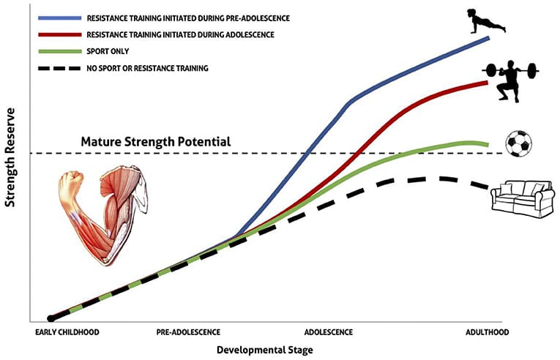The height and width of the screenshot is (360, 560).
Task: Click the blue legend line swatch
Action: (x=63, y=17)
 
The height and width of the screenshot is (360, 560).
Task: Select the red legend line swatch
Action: (x=63, y=34)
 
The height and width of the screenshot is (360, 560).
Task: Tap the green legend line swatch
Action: (x=63, y=51)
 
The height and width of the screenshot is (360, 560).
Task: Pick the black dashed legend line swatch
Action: (x=63, y=68)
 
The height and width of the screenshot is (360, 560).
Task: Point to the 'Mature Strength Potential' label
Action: (x=156, y=141)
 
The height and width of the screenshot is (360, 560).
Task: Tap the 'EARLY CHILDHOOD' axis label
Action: (x=67, y=332)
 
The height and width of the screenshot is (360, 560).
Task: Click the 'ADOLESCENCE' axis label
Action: (x=329, y=332)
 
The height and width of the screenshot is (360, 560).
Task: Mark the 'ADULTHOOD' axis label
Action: (x=487, y=332)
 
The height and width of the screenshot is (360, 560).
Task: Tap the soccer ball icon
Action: (x=519, y=143)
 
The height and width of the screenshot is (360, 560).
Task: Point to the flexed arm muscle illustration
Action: (x=102, y=212)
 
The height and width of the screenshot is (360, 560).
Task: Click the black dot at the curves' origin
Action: (x=50, y=318)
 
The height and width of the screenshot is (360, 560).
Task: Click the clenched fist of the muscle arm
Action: (x=72, y=184)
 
